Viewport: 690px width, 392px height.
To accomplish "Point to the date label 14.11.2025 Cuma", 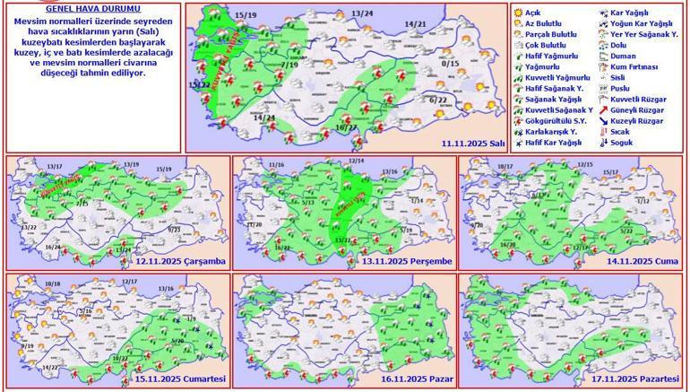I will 639,261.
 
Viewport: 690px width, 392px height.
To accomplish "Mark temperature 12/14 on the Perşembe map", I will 357,161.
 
